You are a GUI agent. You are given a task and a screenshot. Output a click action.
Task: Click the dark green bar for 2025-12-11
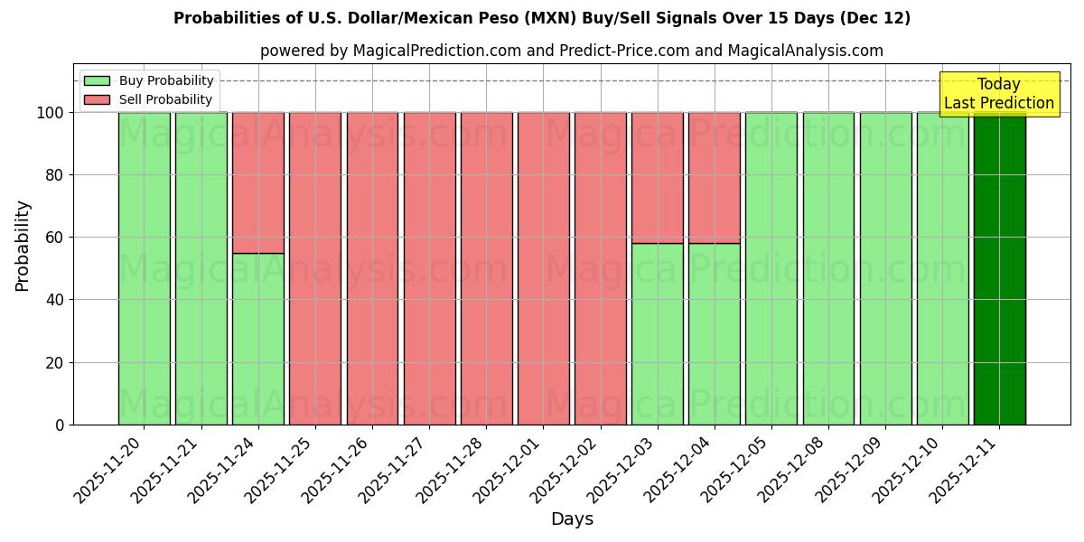click(999, 268)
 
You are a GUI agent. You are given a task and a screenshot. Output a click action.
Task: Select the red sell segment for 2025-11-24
click(258, 182)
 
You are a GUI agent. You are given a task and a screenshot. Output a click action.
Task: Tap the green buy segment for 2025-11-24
click(258, 339)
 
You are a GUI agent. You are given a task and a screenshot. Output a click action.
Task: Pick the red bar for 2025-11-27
click(429, 268)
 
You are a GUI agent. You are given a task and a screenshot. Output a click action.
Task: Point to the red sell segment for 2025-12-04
click(715, 177)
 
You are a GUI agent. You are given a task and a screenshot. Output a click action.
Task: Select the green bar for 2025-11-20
click(145, 268)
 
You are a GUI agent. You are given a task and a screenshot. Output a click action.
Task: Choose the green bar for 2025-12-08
click(828, 268)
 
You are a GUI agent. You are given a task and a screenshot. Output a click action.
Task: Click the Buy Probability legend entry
click(148, 80)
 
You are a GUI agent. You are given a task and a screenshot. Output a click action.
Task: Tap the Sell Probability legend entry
click(148, 99)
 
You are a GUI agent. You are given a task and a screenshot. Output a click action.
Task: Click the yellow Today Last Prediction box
click(999, 94)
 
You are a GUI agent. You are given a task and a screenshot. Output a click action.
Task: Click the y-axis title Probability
click(23, 245)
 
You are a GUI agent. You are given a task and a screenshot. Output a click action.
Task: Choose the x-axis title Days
click(572, 519)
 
